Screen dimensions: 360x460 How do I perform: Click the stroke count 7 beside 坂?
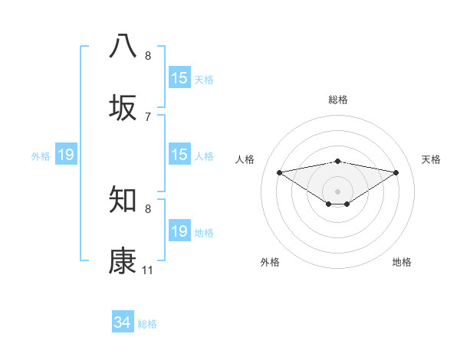(148, 116)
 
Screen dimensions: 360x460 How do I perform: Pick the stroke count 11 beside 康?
(148, 270)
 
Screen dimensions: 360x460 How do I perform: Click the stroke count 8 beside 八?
(148, 55)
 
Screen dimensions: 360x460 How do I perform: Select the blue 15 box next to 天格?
(179, 78)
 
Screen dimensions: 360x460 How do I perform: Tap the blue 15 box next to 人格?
(179, 155)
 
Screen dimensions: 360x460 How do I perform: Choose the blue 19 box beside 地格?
(179, 231)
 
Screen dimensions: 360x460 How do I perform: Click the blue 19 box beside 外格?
(66, 155)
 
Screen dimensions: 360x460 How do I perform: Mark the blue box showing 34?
(122, 322)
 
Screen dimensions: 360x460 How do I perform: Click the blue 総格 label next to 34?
(147, 324)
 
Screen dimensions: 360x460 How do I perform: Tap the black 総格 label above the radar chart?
(337, 100)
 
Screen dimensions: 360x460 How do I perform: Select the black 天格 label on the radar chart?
(431, 159)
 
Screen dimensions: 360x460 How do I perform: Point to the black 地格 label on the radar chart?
(402, 262)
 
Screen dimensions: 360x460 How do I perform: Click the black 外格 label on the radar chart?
(270, 262)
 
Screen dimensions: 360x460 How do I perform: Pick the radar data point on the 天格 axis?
(396, 172)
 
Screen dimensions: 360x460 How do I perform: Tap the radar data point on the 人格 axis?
(279, 172)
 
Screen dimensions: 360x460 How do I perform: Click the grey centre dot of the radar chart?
(337, 191)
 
